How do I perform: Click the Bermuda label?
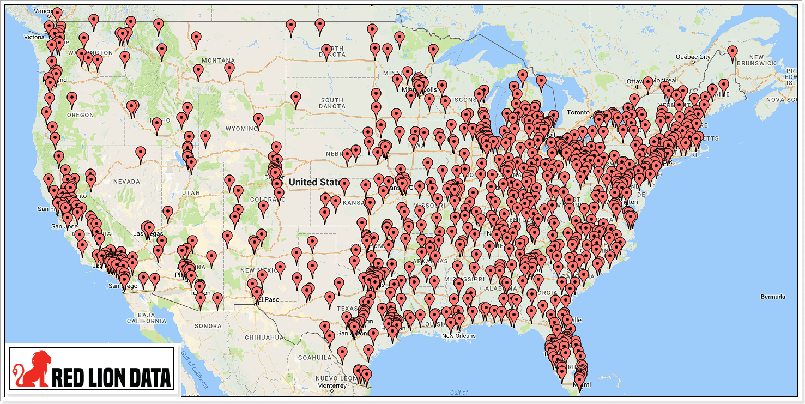click(x=773, y=297)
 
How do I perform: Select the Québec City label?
click(x=693, y=57)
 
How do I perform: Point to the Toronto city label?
click(x=578, y=112)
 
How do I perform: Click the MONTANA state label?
click(x=218, y=60)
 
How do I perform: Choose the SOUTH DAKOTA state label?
click(x=332, y=104)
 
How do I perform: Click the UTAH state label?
click(x=191, y=193)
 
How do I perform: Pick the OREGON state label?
click(x=81, y=115)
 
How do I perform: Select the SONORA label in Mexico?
click(x=208, y=326)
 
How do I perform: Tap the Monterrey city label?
click(x=331, y=385)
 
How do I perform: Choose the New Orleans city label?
click(x=458, y=336)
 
